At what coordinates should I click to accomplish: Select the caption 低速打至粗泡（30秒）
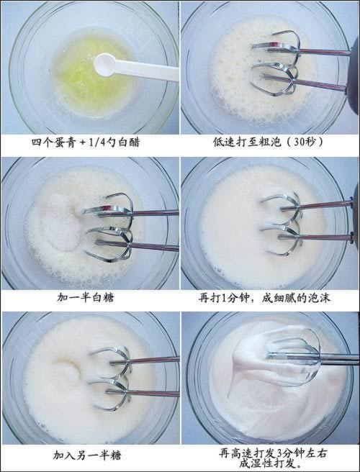(270, 142)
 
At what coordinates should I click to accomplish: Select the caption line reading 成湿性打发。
(270, 463)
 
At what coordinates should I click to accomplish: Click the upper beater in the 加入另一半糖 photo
(108, 356)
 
